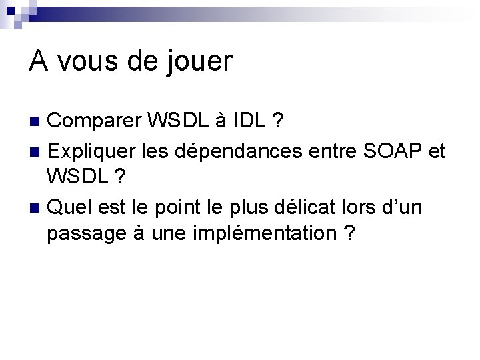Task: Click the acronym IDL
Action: tap(251, 121)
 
